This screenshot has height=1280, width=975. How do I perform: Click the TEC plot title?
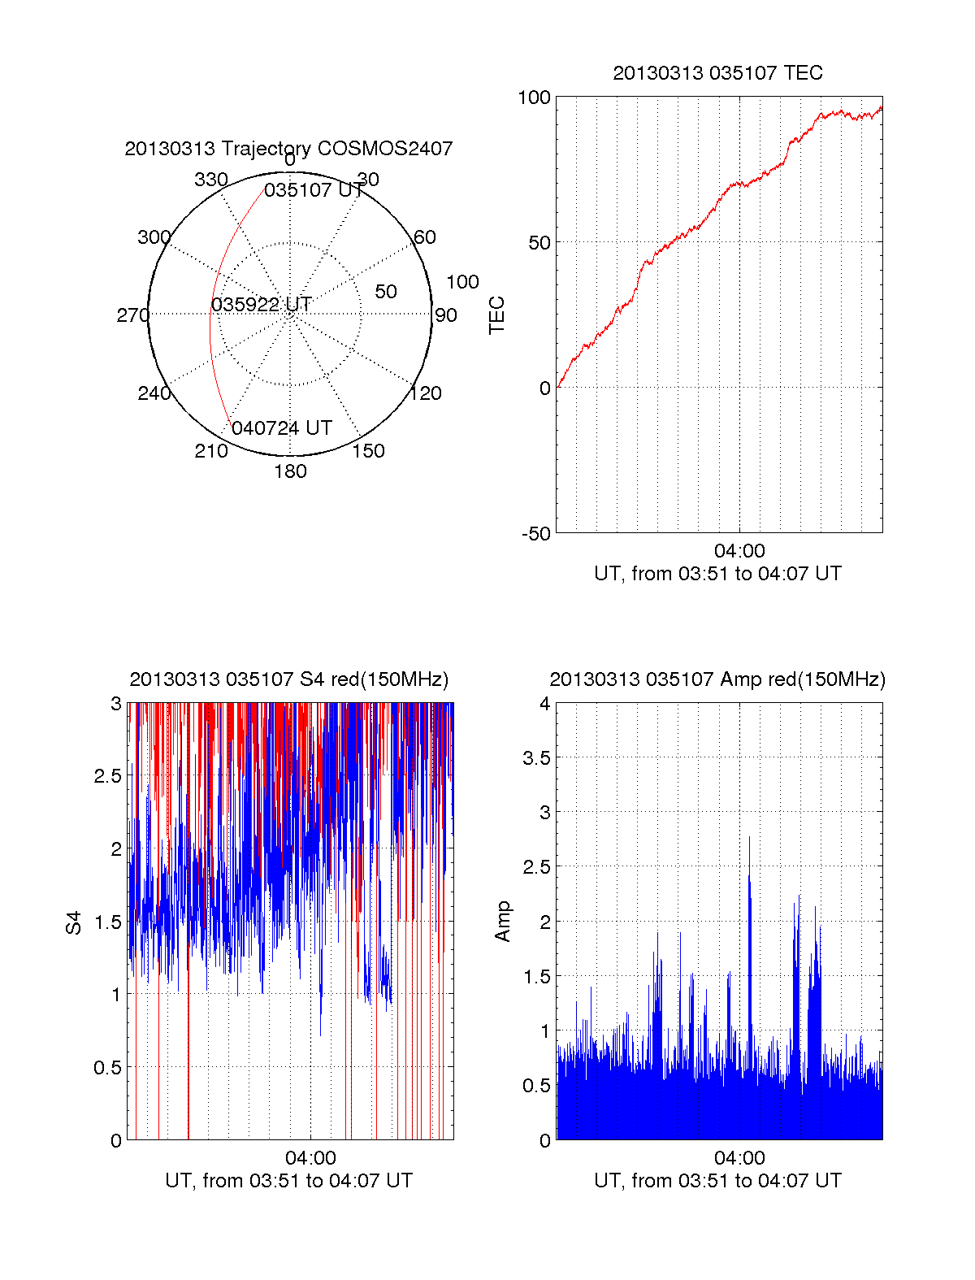(x=717, y=73)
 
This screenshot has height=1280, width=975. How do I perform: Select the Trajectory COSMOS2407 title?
(x=288, y=149)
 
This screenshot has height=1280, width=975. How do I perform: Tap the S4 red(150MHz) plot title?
(x=288, y=679)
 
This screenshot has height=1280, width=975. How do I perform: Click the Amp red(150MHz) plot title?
(x=717, y=679)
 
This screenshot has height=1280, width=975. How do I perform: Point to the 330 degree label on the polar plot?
(x=210, y=180)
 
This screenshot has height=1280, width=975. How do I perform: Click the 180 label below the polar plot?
(x=290, y=471)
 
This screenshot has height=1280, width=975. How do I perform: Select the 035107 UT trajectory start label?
(x=314, y=190)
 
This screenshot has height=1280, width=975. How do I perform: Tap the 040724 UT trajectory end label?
(x=282, y=428)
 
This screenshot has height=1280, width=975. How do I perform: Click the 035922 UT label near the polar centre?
(x=262, y=305)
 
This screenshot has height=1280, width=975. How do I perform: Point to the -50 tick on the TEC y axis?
(x=536, y=534)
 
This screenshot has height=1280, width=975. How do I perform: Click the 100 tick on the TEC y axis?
(x=534, y=98)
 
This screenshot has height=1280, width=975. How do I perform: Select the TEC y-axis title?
(x=497, y=315)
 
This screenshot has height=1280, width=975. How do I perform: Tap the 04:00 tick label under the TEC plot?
(x=739, y=551)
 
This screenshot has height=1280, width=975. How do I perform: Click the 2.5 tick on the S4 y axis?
(x=108, y=776)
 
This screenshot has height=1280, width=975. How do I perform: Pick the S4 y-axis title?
(x=74, y=922)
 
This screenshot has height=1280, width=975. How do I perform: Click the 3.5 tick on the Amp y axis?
(x=537, y=758)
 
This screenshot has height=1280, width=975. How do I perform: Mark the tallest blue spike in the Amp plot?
(x=749, y=839)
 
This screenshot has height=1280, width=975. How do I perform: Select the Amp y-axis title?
(x=503, y=922)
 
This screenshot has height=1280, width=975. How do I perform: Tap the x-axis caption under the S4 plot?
(x=288, y=1181)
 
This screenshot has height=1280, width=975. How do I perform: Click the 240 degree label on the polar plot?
(x=154, y=394)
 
